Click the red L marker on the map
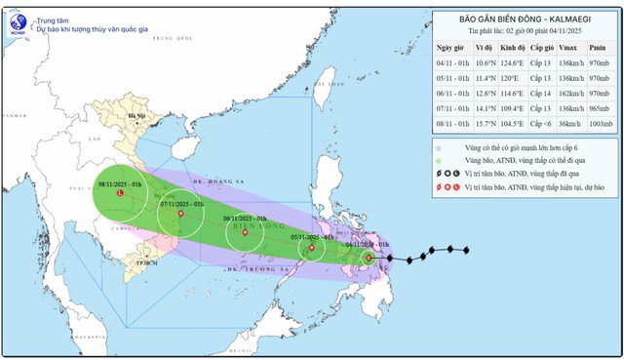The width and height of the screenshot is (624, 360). point(120,193)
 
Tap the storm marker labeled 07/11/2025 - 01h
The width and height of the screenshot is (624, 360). point(180,215)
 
